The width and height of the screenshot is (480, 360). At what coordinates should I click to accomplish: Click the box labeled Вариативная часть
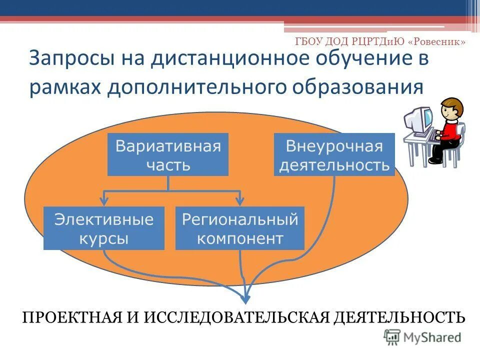click(x=168, y=154)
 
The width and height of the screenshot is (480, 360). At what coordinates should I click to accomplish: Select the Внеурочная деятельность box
click(x=334, y=154)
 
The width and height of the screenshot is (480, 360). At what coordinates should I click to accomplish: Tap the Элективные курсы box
click(x=104, y=228)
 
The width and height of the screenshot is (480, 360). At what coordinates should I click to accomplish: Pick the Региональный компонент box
click(x=239, y=228)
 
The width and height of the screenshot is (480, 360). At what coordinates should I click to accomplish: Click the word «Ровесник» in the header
click(x=437, y=42)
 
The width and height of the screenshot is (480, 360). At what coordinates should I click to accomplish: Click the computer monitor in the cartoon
click(x=419, y=119)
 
